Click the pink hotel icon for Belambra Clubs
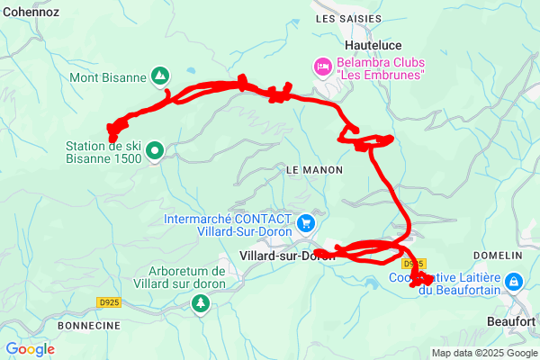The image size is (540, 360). click(x=320, y=66)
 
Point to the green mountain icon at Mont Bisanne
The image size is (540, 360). click(x=159, y=76)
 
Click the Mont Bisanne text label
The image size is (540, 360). click(x=108, y=77)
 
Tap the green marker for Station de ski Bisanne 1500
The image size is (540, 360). click(x=155, y=151)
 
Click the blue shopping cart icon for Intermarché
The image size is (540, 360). click(x=306, y=221)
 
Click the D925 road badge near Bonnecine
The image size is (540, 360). click(x=109, y=302)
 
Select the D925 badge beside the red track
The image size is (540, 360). click(x=413, y=263)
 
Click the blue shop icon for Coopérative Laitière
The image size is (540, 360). click(x=513, y=282)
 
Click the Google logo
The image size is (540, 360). click(x=30, y=349)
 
